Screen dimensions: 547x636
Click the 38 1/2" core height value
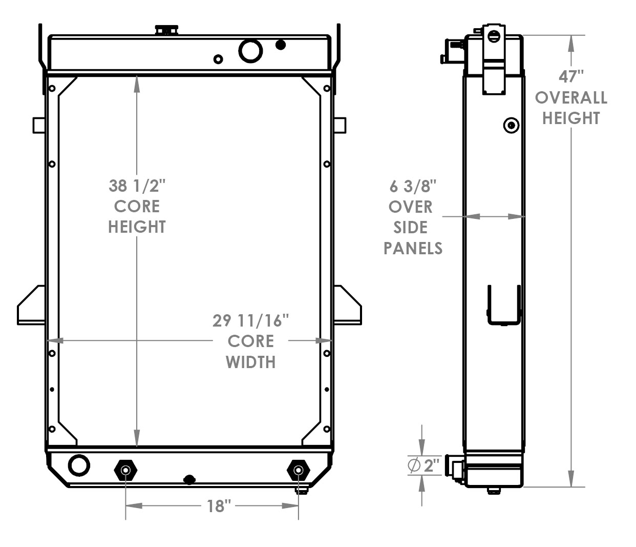137,186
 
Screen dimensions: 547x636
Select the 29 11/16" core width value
250,321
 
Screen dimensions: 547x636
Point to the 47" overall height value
571,76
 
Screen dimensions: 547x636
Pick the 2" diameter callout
425,465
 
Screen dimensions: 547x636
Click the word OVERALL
571,97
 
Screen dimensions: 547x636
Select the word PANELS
413,248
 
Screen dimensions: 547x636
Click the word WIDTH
250,362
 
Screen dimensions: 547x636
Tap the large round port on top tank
250,51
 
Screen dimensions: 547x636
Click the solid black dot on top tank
281,45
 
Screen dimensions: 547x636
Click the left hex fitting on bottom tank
125,470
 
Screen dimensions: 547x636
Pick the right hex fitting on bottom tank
299,470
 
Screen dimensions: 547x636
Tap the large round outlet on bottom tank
79,465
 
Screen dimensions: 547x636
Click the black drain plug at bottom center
189,480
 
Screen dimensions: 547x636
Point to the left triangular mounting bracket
32,307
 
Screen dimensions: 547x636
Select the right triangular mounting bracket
348,307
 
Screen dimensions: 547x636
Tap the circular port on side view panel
511,125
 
